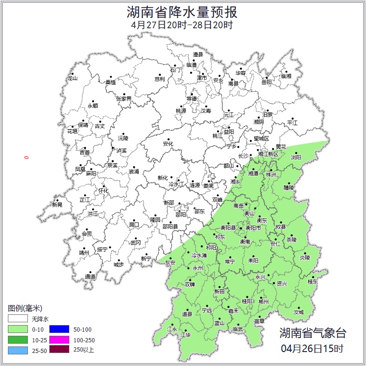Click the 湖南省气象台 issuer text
click(x=313, y=333)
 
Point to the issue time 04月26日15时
click(x=313, y=348)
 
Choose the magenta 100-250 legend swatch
click(x=59, y=339)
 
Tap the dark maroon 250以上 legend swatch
click(x=59, y=350)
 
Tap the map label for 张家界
click(x=124, y=99)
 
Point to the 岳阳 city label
click(x=266, y=82)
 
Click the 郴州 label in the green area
click(x=264, y=301)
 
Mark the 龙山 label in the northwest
click(x=72, y=78)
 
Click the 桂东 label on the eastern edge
click(x=313, y=281)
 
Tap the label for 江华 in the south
click(x=186, y=335)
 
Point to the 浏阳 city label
click(x=296, y=158)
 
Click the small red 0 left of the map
click(x=27, y=158)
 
